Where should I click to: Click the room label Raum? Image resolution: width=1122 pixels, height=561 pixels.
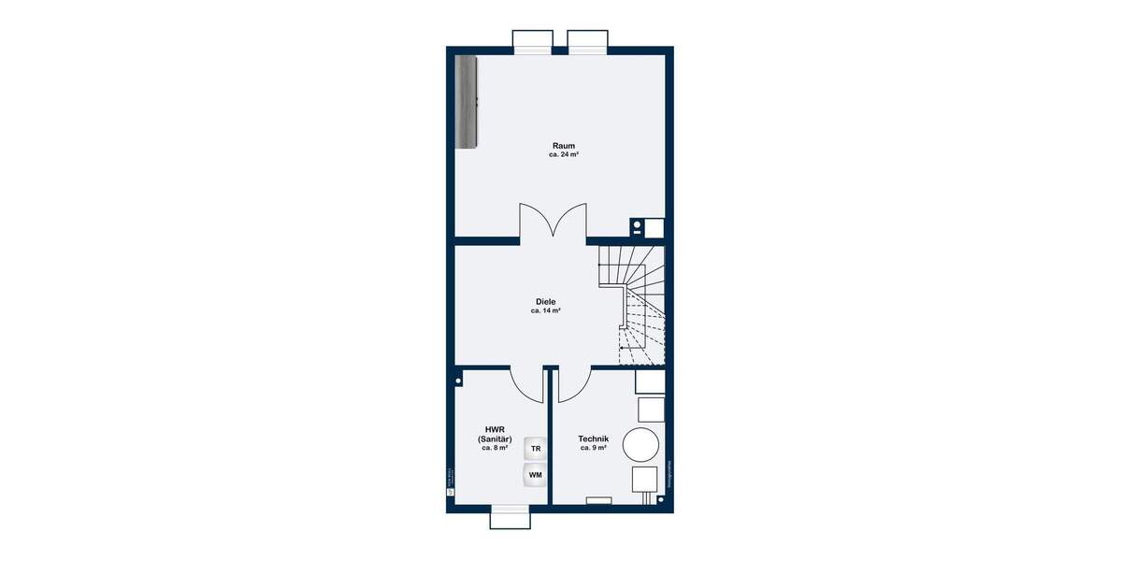563,145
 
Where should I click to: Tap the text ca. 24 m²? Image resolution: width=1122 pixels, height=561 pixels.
563,155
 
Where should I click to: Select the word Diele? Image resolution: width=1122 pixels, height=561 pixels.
545,301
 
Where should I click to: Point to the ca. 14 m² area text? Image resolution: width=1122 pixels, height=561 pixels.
545,310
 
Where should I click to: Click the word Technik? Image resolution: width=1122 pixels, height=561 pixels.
594,439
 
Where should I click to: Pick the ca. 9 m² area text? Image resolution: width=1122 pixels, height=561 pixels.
594,448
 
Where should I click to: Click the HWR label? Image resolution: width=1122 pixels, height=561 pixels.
495,430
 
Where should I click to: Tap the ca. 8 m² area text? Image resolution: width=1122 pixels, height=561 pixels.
495,448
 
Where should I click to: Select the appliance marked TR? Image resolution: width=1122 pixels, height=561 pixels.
536,449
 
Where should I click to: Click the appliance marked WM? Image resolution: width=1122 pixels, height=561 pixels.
536,475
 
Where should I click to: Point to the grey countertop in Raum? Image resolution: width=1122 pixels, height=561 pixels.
466,101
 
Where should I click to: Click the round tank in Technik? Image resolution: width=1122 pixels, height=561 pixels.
641,443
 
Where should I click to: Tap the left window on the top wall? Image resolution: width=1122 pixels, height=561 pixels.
533,39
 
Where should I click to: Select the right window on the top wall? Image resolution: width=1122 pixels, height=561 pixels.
588,39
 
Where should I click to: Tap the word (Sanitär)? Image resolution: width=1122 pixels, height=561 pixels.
495,439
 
